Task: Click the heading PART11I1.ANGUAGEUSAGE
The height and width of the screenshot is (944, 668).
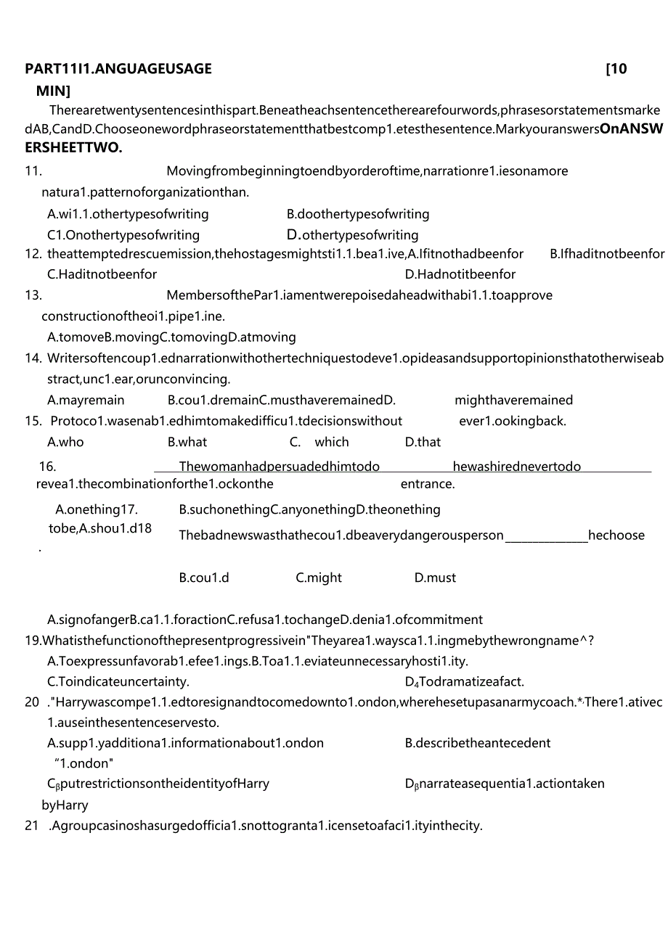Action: [118, 69]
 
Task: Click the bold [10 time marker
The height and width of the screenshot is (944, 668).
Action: [616, 69]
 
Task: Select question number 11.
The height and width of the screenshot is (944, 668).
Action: [33, 171]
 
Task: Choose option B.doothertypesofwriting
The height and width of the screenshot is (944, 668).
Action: [358, 214]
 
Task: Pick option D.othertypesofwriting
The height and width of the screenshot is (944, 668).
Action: [353, 235]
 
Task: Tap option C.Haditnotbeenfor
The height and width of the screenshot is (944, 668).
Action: [102, 274]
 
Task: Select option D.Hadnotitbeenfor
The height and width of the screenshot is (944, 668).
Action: [460, 274]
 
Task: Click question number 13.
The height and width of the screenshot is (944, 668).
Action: [33, 295]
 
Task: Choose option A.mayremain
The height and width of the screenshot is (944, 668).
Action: [86, 401]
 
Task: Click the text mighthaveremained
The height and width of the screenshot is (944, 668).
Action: [513, 401]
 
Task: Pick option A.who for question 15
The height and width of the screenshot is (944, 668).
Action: [65, 442]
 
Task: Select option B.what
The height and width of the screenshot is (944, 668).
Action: [187, 442]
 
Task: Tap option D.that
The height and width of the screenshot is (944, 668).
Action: [423, 442]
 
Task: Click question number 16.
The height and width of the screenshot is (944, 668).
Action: [47, 467]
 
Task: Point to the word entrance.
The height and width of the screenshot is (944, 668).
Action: [428, 484]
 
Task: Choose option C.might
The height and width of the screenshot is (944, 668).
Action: [319, 578]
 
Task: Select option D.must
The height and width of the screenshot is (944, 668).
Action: [435, 578]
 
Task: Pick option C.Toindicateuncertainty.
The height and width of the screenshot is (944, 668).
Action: [118, 682]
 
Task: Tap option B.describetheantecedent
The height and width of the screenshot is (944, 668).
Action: [478, 743]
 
